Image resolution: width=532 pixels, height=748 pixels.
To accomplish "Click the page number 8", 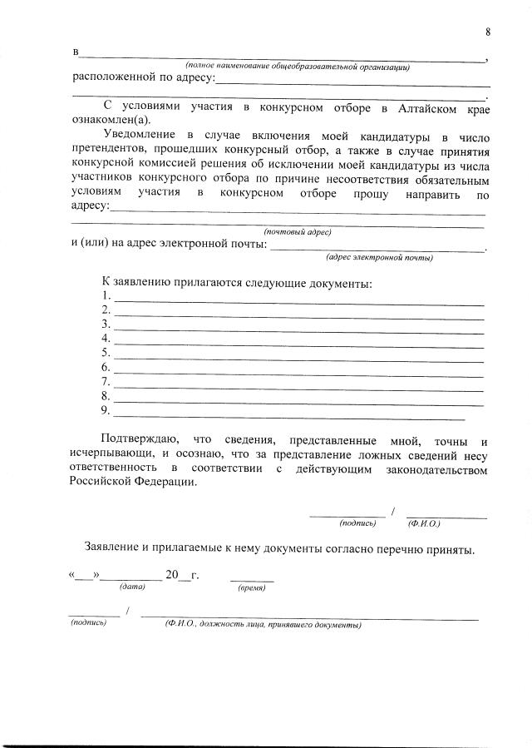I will tap(488, 32).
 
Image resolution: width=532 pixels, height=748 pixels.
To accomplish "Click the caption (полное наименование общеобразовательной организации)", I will tap(297, 67).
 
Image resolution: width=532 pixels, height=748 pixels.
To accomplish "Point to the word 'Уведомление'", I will tap(140, 135).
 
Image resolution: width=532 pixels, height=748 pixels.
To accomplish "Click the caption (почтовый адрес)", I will tap(298, 231).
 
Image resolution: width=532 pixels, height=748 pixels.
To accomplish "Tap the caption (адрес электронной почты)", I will tap(379, 257).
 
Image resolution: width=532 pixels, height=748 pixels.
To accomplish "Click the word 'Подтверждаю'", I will tap(136, 438).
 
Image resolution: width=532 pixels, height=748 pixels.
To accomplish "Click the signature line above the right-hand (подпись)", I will tap(347, 516).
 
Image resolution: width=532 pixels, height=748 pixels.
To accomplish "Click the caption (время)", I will tap(252, 587).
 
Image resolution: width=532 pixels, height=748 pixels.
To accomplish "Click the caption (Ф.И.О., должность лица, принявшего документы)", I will tap(262, 624).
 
